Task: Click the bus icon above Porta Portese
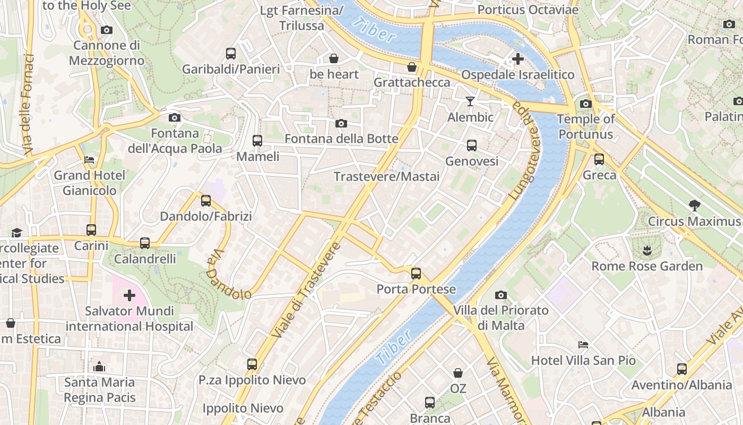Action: point(416,274)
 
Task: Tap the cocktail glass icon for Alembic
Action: point(470,101)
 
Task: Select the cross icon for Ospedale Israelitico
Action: point(518,59)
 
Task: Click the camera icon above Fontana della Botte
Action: point(341,124)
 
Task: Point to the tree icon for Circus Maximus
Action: point(694,205)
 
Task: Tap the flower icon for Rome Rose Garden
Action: point(646,250)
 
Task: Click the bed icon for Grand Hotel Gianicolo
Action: point(89,159)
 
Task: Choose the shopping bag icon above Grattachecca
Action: point(411,67)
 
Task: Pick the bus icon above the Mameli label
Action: point(257,141)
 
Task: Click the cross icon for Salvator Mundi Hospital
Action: point(129,295)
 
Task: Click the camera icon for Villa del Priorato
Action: point(500,295)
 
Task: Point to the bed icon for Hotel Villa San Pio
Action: point(583,345)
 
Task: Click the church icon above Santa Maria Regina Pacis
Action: point(99,367)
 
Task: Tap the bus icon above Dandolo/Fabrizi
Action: point(206,201)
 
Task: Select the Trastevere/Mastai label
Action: point(386,176)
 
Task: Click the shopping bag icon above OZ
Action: point(457,373)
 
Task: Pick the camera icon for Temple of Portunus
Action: point(586,104)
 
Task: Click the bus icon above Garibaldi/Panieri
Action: point(231,54)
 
